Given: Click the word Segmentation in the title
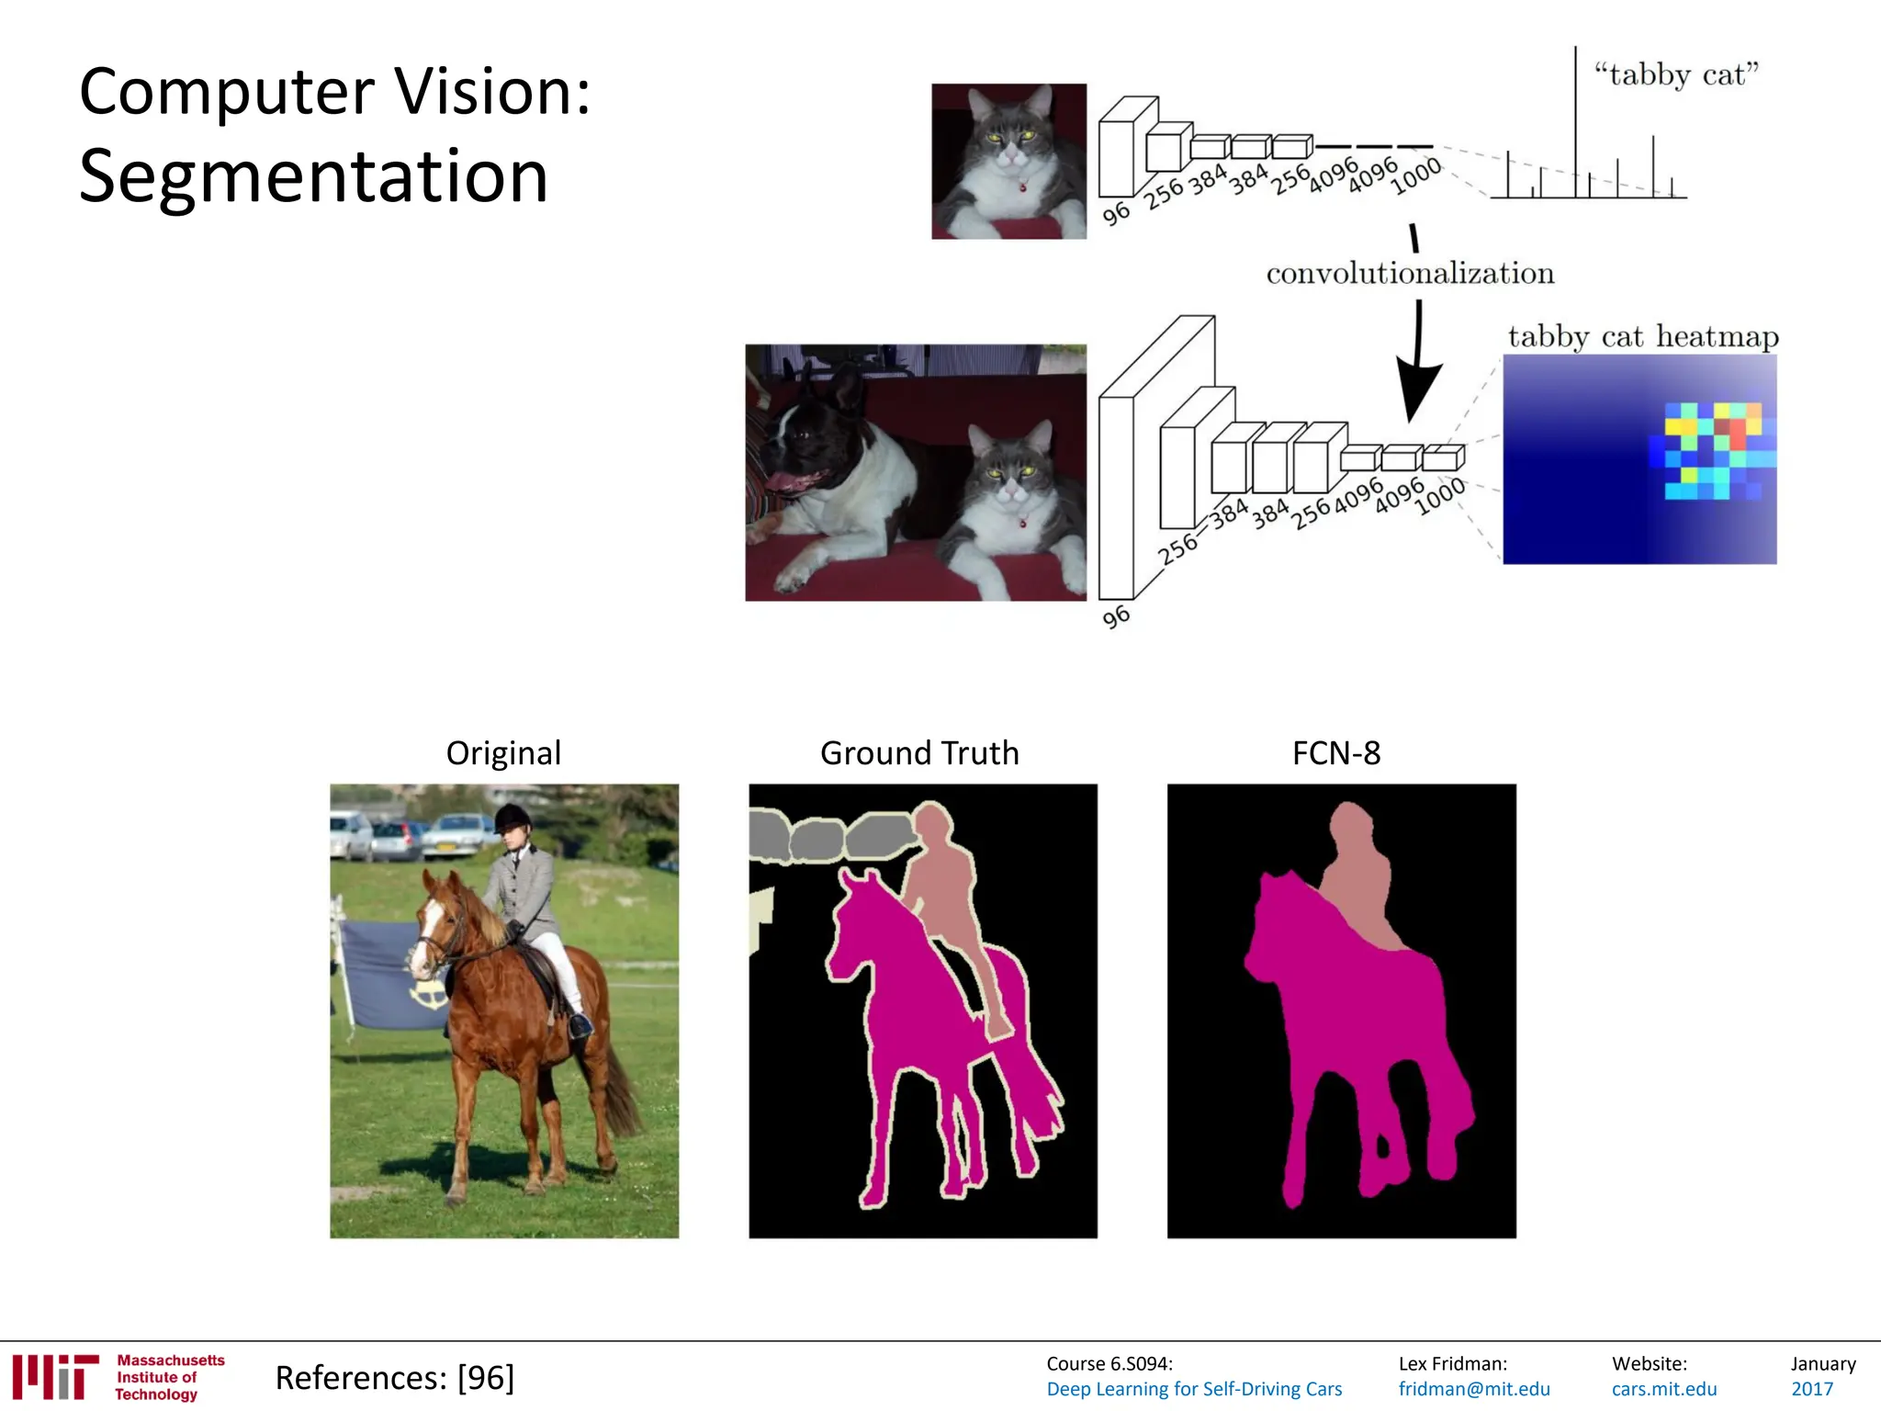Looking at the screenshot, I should click(x=313, y=175).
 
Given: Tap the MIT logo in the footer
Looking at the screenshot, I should click(x=55, y=1376).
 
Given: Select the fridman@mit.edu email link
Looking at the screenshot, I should click(x=1474, y=1389).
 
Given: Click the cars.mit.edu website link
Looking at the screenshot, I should click(x=1664, y=1389).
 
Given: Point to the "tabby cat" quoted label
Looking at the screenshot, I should click(x=1676, y=73).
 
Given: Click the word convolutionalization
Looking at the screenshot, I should click(x=1410, y=273).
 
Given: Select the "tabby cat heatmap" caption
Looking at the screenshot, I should click(x=1642, y=336).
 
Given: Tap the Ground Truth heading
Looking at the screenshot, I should click(x=919, y=753).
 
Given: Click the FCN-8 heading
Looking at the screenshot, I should click(x=1335, y=753).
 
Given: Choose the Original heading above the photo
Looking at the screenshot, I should click(x=503, y=753).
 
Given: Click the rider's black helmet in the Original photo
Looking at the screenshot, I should click(x=512, y=816).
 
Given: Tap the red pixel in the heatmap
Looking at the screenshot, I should click(x=1737, y=430).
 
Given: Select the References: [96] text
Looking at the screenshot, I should click(x=395, y=1378).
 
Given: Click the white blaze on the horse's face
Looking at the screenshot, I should click(x=426, y=928).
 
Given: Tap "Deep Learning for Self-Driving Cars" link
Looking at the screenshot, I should click(x=1194, y=1389).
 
